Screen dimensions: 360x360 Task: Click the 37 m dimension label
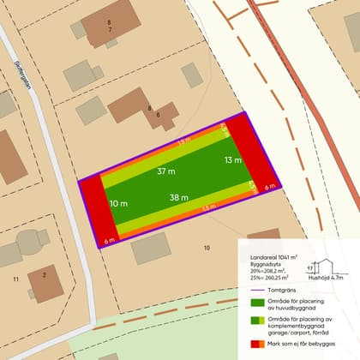[x=166, y=171]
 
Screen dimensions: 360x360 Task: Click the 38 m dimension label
[x=179, y=197]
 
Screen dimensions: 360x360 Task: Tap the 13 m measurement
[x=232, y=160]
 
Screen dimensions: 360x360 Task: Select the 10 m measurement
[x=118, y=204]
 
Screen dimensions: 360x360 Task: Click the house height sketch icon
[x=326, y=268]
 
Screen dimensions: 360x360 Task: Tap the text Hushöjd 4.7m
[x=326, y=278]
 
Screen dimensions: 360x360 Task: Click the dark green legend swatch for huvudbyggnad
[x=256, y=303]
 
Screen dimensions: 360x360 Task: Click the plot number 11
[x=16, y=280]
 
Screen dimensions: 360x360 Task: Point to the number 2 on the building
[x=43, y=274]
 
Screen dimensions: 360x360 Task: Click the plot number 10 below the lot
[x=206, y=248]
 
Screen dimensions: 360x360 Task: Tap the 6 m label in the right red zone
[x=269, y=186]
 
